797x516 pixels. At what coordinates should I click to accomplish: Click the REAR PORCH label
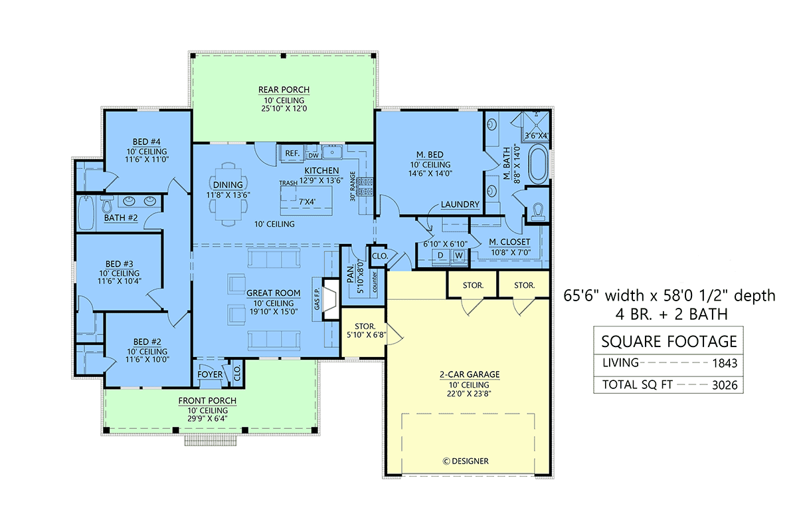pos(284,90)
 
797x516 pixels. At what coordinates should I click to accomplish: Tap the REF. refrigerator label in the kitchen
pos(292,154)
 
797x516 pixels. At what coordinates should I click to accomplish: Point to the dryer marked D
pos(440,255)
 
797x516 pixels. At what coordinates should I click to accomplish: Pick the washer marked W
pos(459,255)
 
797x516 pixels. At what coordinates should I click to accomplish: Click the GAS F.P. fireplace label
pos(317,299)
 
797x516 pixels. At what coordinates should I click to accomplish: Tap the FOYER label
pos(210,374)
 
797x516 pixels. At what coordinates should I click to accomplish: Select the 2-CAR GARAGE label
pos(470,374)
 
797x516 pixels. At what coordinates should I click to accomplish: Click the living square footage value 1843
pos(725,363)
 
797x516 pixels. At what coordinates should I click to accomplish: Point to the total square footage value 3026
pos(725,385)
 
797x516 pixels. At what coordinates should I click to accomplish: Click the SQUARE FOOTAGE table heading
pos(669,342)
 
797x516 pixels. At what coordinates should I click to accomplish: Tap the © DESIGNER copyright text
pos(466,461)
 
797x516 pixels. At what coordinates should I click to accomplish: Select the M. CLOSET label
pos(509,242)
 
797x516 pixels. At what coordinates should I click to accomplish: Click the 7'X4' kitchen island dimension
pos(307,202)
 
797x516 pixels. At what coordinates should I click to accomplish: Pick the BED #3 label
pos(119,264)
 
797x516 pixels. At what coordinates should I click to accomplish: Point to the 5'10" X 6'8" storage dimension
pos(366,334)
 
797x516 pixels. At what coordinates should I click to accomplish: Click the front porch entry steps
pos(211,440)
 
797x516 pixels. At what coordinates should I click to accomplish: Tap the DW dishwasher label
pos(313,156)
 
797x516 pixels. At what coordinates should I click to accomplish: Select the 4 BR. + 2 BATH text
pos(671,315)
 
